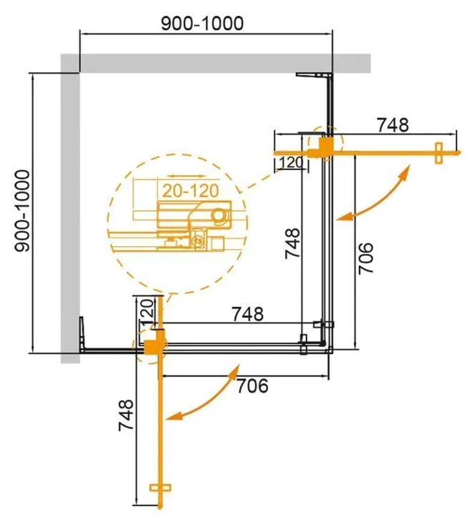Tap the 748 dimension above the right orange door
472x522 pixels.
point(392,125)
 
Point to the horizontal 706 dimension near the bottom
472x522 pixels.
point(252,386)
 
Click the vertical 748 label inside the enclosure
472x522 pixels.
point(292,243)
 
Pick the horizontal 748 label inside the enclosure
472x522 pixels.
point(246,314)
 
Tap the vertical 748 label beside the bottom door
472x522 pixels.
point(126,415)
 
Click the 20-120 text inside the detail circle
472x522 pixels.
point(191,191)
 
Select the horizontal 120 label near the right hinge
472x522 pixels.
point(291,163)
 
